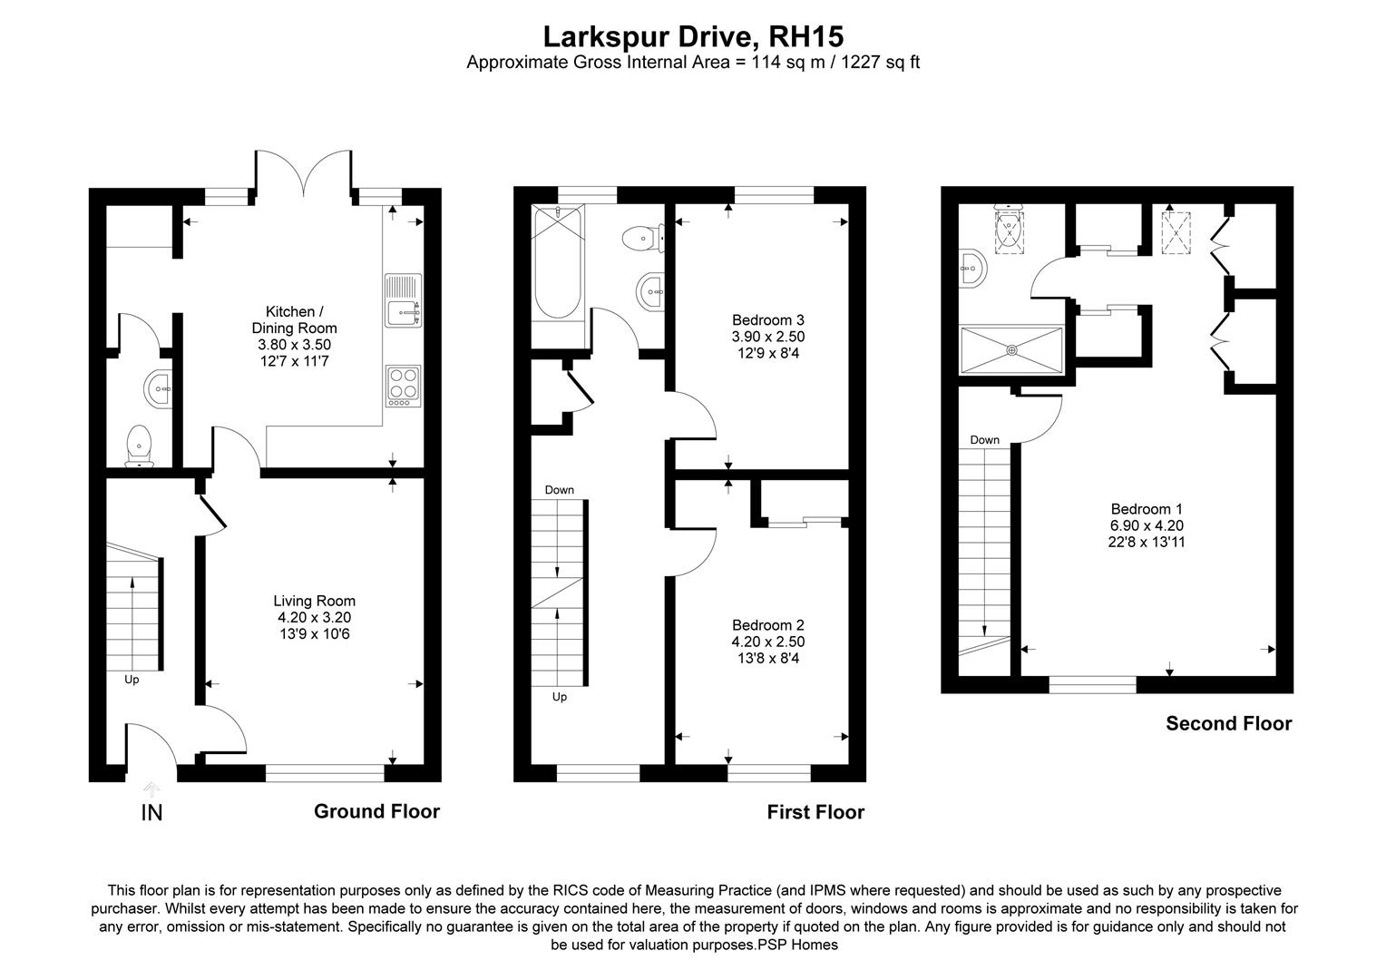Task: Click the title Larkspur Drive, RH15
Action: coord(693,36)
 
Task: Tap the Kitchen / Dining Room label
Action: coord(294,328)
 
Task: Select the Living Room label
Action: coord(314,617)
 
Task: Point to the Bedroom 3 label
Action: coord(767,336)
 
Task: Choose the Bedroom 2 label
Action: coord(767,641)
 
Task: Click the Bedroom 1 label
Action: coord(1147,525)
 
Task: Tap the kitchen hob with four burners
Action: coord(403,386)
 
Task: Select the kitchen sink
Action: coord(402,300)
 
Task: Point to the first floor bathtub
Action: coord(553,263)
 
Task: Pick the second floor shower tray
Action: coord(1011,349)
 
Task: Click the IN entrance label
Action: coord(151,813)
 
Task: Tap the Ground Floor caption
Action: coord(376,811)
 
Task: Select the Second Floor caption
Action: coord(1228,723)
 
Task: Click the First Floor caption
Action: coord(815,812)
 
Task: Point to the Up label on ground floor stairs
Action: coord(132,679)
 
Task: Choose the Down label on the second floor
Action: coord(984,440)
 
